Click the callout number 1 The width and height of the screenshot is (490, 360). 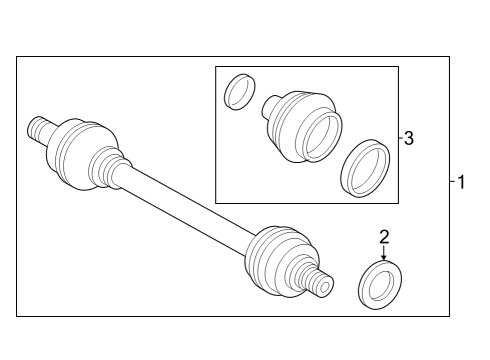[x=461, y=183]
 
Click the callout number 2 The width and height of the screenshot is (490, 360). [x=384, y=238]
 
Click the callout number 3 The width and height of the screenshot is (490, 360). [x=408, y=138]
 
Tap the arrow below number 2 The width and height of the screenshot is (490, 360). [x=384, y=254]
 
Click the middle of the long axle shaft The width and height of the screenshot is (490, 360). [x=185, y=206]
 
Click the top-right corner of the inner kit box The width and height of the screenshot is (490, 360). [x=398, y=67]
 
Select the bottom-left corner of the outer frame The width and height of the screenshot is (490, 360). [x=17, y=317]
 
